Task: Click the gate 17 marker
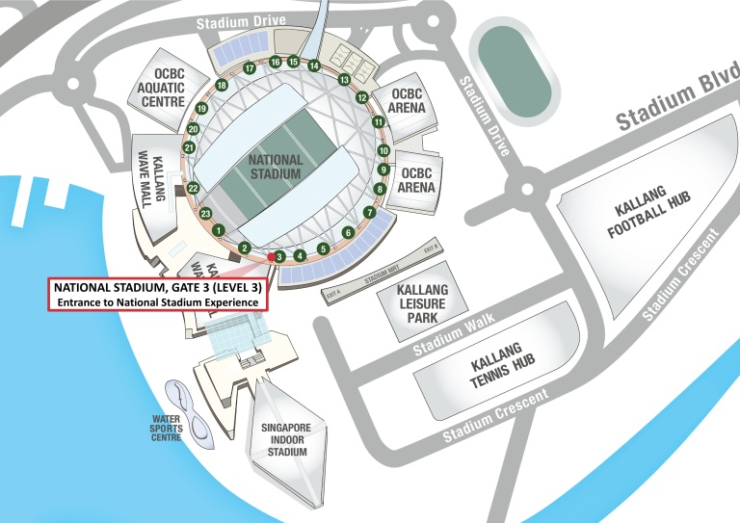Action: point(249,68)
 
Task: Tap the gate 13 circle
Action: point(344,80)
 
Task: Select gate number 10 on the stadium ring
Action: point(383,151)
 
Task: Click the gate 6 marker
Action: point(348,232)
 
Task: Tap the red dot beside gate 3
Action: point(271,256)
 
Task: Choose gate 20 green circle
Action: point(193,128)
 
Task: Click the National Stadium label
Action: point(275,167)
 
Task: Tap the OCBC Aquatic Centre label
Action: point(161,90)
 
